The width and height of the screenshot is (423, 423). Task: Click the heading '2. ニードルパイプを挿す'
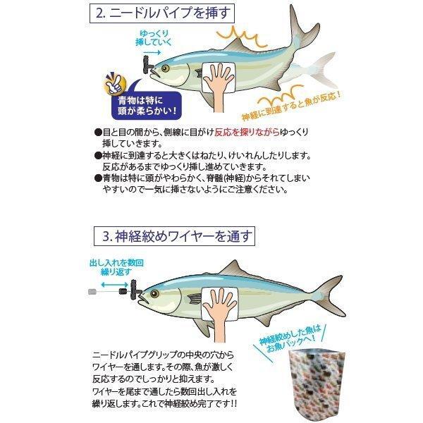pos(162,13)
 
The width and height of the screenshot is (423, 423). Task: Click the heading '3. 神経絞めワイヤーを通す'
pos(174,236)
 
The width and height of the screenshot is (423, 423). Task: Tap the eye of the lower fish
pos(154,293)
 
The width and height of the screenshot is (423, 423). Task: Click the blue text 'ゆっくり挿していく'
pos(153,38)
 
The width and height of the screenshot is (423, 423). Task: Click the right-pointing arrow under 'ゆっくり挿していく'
pos(152,52)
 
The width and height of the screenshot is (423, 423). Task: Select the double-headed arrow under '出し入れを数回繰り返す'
pos(114,285)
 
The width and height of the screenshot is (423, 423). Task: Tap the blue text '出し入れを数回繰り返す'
pos(116,267)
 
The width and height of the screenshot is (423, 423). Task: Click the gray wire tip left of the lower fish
pos(92,292)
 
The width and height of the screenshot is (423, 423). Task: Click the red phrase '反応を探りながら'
pos(247,133)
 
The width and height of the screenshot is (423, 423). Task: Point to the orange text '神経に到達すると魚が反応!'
pos(292,106)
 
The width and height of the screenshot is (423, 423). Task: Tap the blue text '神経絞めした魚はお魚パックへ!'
pos(290,339)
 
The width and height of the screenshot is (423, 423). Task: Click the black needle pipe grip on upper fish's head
pos(147,65)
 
